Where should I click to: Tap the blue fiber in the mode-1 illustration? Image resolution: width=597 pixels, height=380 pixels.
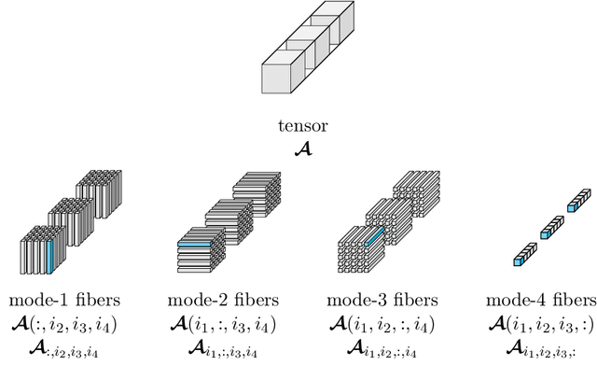(x=49, y=254)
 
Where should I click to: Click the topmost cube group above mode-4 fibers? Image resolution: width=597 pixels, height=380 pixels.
(x=578, y=198)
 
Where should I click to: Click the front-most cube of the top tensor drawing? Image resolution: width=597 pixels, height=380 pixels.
(x=278, y=78)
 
